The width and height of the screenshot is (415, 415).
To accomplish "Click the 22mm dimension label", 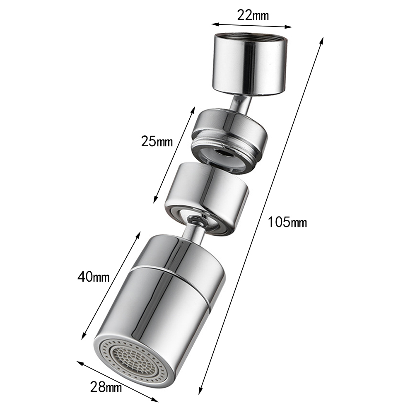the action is [253, 15].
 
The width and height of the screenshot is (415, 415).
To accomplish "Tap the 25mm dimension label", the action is [157, 141].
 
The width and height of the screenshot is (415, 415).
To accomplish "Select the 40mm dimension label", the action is [94, 277].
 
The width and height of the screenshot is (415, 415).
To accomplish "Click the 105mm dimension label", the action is [287, 222].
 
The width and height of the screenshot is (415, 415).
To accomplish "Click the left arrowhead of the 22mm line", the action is [215, 24].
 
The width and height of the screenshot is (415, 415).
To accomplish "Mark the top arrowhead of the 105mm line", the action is [321, 41].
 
